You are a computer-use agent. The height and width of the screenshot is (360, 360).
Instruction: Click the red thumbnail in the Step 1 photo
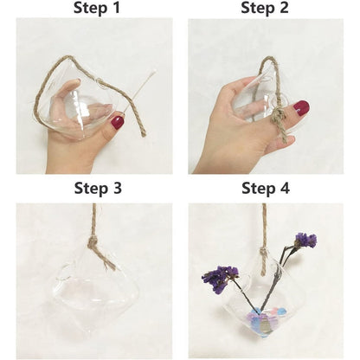pos(117,123)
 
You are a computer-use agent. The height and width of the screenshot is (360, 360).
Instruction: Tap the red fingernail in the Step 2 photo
pos(301,108)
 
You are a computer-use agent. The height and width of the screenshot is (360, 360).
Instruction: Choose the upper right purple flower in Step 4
pos(305,240)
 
